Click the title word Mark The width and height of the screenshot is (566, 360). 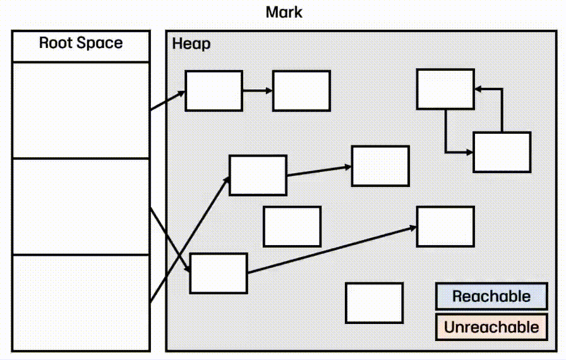click(x=284, y=12)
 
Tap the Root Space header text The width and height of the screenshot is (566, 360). click(x=81, y=44)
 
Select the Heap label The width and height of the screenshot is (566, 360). click(x=191, y=44)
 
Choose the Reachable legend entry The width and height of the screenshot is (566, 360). click(x=491, y=296)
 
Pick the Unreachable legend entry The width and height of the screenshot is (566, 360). click(x=491, y=327)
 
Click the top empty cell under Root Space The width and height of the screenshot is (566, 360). click(x=81, y=110)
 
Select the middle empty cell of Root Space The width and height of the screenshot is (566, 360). click(x=81, y=207)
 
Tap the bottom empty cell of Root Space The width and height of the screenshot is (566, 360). click(x=81, y=303)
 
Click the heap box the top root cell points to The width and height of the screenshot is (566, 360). click(x=214, y=91)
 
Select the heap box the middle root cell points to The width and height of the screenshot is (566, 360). click(x=219, y=273)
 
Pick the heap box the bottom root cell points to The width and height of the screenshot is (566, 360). click(x=258, y=175)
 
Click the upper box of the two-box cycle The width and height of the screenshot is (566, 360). click(x=445, y=89)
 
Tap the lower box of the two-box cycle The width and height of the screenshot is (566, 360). click(x=502, y=152)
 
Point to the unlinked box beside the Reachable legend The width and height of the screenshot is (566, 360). click(x=374, y=303)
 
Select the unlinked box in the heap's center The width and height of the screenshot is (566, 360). click(x=292, y=226)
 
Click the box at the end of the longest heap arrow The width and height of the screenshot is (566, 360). click(x=445, y=226)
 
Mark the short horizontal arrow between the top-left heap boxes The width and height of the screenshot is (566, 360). click(x=257, y=91)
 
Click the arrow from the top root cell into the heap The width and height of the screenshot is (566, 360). click(x=167, y=101)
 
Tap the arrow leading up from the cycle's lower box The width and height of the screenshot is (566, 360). click(x=502, y=111)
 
